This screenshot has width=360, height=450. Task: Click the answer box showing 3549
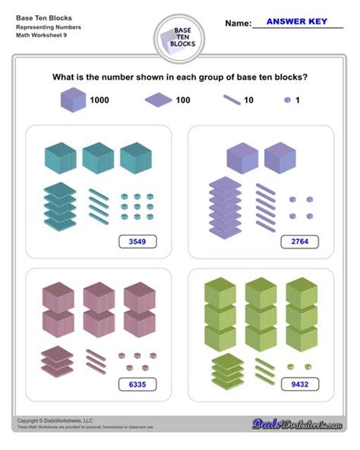(x=137, y=242)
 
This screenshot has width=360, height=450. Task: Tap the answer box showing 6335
(x=137, y=385)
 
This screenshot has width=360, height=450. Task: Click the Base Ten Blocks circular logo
(x=179, y=39)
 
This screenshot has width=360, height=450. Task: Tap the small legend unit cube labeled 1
(x=287, y=100)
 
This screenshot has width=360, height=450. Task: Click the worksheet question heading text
(x=179, y=77)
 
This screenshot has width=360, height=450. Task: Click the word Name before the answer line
(x=238, y=24)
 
